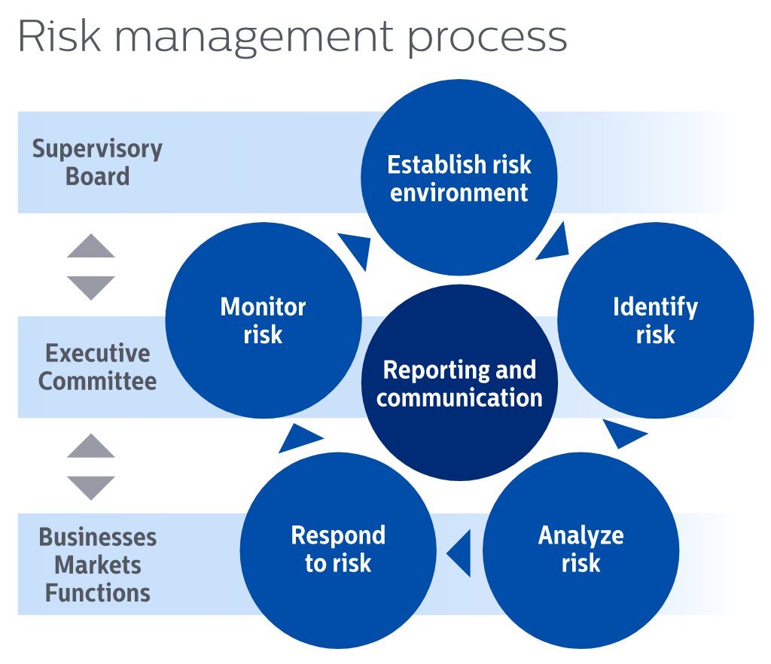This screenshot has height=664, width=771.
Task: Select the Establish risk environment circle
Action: (x=459, y=178)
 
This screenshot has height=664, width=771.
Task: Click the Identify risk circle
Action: (x=655, y=320)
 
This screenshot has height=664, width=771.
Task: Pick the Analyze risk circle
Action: (x=581, y=549)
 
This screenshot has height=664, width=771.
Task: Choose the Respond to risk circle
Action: (x=338, y=549)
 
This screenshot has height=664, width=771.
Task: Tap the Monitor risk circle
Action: (x=263, y=320)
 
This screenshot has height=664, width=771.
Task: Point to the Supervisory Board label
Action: (x=97, y=163)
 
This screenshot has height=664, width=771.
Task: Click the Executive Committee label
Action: (x=97, y=367)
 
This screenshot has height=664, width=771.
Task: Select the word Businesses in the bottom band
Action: (x=97, y=538)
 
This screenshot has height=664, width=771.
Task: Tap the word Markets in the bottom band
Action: (x=98, y=565)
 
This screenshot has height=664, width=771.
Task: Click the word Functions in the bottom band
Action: (x=98, y=592)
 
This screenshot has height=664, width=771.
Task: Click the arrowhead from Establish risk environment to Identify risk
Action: (x=554, y=242)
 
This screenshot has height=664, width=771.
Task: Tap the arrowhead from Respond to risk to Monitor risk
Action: (x=297, y=437)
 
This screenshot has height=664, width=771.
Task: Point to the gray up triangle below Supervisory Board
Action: (x=91, y=247)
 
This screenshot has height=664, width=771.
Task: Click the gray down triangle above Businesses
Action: (x=91, y=487)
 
